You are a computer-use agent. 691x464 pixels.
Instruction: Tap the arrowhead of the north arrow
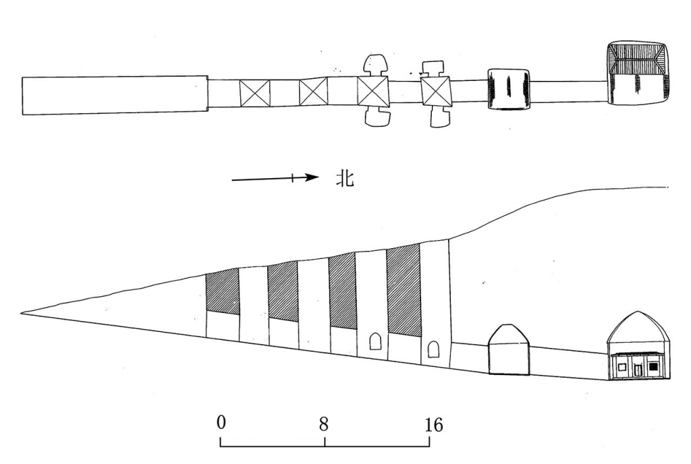pos(313,177)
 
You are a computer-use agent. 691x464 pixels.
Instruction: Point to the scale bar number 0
pos(221,423)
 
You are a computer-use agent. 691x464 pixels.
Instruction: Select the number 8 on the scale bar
pos(324,424)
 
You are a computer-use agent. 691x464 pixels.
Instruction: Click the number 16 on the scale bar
pos(434,426)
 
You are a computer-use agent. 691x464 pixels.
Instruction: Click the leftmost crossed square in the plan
pos(254,93)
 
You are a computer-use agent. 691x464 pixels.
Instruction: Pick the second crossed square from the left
pos(313,92)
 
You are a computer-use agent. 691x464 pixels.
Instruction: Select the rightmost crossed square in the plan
pos(435,92)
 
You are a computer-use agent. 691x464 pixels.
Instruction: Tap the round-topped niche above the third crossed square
pos(375,65)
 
